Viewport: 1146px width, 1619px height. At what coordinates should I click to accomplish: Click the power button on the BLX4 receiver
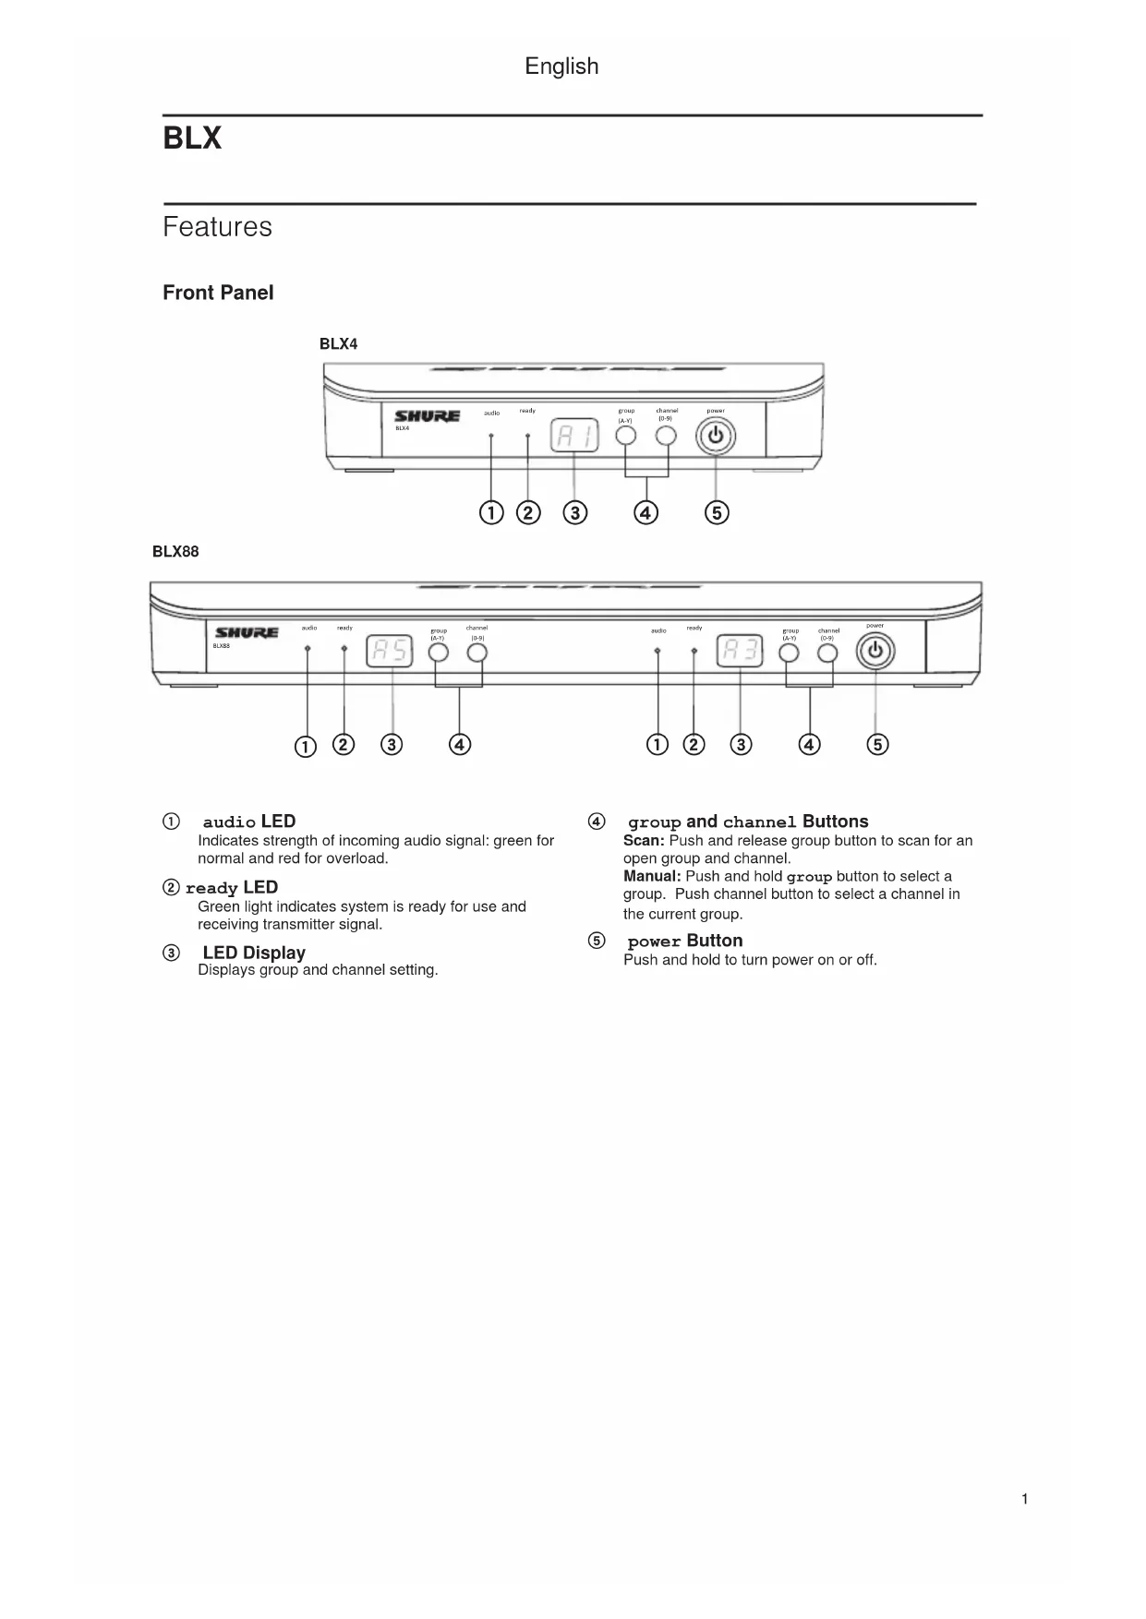[x=716, y=437]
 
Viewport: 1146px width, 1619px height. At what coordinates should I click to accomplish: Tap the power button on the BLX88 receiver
[x=875, y=652]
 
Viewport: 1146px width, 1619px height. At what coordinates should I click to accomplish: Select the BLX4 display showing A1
[x=574, y=436]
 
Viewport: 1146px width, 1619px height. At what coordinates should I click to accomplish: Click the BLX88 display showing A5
[x=390, y=652]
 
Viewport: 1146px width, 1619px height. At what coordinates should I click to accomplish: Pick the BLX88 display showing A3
[x=740, y=652]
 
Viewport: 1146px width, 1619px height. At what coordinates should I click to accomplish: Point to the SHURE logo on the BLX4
[x=428, y=416]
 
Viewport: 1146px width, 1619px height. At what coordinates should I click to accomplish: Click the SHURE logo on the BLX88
[x=247, y=632]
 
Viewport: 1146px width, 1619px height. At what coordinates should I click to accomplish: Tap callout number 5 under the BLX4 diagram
[x=717, y=512]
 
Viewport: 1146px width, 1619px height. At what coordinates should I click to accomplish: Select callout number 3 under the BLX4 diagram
[x=574, y=512]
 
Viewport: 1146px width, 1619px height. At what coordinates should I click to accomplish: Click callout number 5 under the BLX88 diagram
[x=877, y=744]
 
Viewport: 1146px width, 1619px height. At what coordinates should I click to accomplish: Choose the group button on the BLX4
[x=626, y=436]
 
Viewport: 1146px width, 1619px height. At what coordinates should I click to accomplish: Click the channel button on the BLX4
[x=666, y=436]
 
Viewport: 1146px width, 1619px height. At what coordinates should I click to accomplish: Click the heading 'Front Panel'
[x=218, y=293]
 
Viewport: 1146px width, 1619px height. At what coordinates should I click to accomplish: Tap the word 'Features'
[x=217, y=227]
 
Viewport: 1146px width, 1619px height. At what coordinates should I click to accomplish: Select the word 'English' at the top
[x=561, y=66]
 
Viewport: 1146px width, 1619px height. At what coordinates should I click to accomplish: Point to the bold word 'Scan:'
[x=644, y=841]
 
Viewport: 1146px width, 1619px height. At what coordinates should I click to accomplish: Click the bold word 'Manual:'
[x=652, y=876]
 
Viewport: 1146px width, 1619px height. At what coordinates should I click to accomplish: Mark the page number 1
[x=1024, y=1499]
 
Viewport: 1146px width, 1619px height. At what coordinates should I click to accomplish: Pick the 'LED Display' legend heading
[x=254, y=953]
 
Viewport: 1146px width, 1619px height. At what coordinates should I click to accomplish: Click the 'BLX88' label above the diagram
[x=175, y=552]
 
